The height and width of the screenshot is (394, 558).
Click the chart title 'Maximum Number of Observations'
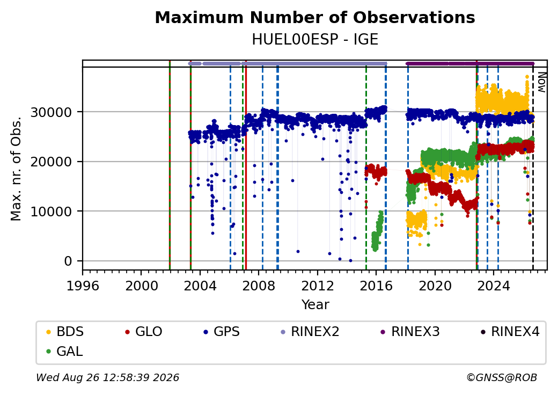click(x=315, y=17)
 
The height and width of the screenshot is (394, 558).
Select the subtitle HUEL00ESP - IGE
click(x=315, y=40)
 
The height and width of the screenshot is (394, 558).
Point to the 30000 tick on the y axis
click(x=52, y=113)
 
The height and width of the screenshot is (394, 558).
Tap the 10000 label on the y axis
click(x=52, y=212)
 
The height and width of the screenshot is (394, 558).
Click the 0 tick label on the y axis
click(x=68, y=261)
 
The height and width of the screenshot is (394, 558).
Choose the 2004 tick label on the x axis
click(x=200, y=286)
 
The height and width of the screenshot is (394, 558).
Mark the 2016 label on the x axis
click(x=376, y=286)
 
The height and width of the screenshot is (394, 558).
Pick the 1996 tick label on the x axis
click(x=83, y=286)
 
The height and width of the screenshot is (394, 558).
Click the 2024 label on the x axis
click(x=494, y=286)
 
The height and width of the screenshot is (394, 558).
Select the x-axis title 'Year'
click(x=315, y=305)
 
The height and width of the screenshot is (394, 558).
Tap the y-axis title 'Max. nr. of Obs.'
click(x=16, y=169)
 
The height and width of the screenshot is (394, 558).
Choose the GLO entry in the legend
click(x=143, y=332)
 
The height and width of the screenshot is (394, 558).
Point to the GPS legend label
click(x=222, y=332)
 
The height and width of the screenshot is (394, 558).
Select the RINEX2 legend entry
click(x=310, y=332)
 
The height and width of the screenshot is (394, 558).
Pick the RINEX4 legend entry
click(x=510, y=332)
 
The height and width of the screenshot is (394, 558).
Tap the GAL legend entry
click(x=64, y=351)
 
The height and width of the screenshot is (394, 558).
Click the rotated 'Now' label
click(x=541, y=82)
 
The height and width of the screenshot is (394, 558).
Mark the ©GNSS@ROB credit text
click(x=502, y=377)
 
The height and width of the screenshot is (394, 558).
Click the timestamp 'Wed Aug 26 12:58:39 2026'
click(x=107, y=377)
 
